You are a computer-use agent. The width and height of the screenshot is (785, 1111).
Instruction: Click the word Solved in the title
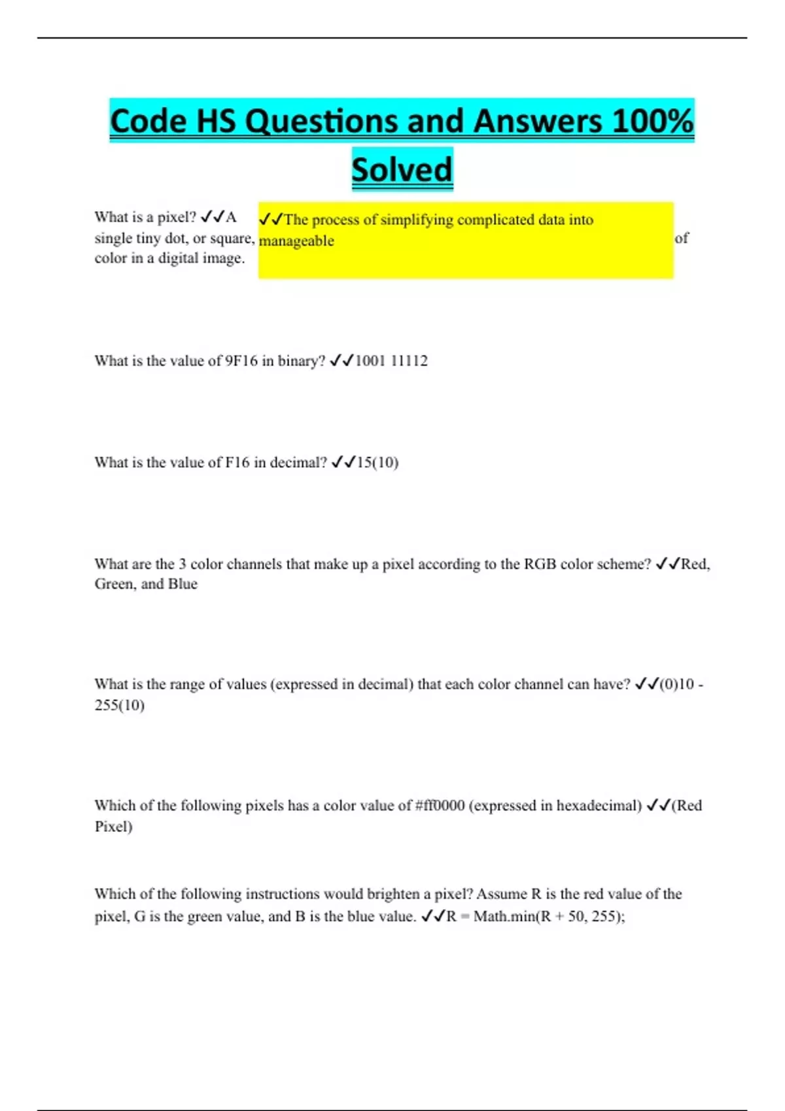402,169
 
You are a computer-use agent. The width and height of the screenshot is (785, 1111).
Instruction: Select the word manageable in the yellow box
296,240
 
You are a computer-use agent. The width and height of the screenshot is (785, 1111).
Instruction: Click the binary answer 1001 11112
391,361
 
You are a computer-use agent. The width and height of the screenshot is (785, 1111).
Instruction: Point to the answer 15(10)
377,463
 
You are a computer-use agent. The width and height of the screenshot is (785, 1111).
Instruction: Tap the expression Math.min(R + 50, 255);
549,916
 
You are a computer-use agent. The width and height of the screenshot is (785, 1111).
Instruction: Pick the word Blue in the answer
183,584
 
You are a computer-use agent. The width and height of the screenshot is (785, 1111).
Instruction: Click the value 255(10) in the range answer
119,705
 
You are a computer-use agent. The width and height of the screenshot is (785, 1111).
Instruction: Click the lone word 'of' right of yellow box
681,238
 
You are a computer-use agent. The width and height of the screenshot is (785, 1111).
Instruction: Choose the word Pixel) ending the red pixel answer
113,827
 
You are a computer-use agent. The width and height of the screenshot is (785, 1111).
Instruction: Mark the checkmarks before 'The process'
271,220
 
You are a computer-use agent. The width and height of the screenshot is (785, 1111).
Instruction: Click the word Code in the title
148,122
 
